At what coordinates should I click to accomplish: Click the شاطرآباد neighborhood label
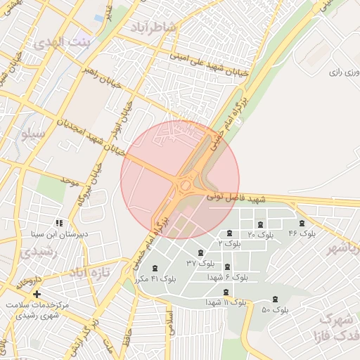coord(161,27)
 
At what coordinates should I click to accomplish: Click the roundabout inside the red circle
coord(186,186)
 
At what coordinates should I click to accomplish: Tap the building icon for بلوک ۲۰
coord(261,224)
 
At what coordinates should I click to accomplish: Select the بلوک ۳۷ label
coord(200,262)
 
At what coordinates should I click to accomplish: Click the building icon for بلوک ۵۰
coord(275,300)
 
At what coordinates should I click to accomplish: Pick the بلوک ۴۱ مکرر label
coord(159,278)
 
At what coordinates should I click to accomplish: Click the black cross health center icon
coord(37,294)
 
